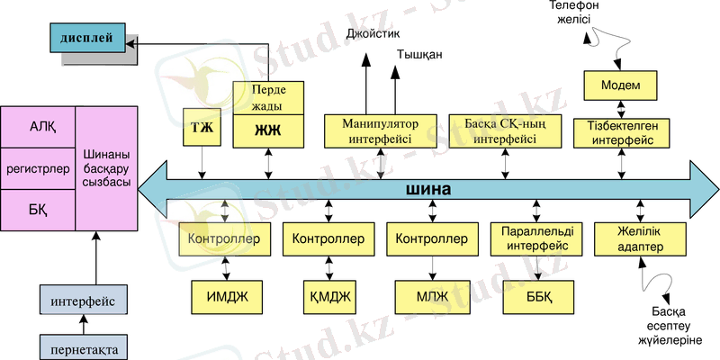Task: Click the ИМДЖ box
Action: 225,295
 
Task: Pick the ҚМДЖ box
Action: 328,295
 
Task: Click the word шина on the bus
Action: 427,190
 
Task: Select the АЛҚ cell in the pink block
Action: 38,126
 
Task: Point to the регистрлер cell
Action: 38,168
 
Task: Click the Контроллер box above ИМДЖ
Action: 225,239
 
